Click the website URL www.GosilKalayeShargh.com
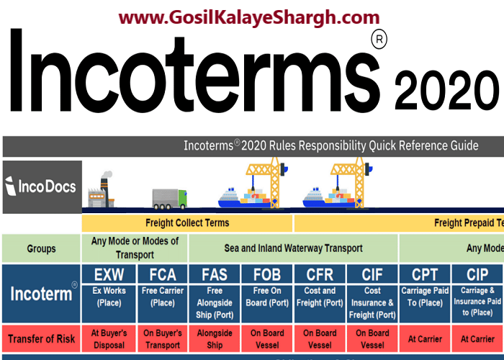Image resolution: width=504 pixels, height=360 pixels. (249, 17)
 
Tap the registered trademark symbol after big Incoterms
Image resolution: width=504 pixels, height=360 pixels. (379, 40)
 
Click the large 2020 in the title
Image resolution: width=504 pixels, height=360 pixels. (447, 91)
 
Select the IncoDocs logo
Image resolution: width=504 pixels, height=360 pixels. (42, 187)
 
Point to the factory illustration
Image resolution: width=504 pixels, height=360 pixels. (101, 189)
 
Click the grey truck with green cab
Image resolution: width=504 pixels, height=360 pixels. (169, 199)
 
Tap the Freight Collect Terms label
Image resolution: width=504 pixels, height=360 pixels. (187, 222)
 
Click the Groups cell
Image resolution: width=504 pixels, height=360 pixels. (41, 248)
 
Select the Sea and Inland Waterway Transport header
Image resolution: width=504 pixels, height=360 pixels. (293, 248)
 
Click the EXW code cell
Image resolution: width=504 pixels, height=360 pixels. (109, 274)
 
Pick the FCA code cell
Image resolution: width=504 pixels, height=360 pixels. (163, 274)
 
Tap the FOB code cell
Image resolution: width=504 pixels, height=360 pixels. (267, 274)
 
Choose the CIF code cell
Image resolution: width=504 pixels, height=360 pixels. (372, 274)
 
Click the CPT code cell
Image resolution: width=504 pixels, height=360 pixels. (425, 274)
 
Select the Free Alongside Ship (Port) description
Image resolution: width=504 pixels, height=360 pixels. (215, 303)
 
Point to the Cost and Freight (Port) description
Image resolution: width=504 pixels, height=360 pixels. (320, 297)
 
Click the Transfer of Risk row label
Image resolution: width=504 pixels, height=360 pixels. (41, 339)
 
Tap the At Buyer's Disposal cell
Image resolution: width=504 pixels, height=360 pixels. (109, 339)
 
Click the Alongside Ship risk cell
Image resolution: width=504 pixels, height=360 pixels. (215, 339)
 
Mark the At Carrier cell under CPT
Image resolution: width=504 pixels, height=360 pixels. (425, 339)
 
